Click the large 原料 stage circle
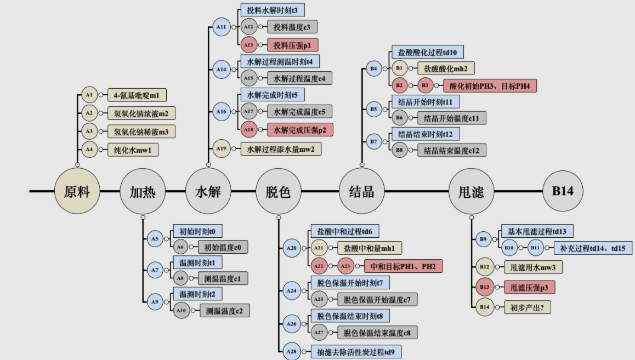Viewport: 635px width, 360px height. (x=77, y=191)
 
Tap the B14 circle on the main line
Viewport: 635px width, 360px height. (x=563, y=191)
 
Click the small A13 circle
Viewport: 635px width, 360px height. (x=249, y=45)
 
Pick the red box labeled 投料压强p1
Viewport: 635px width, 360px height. (x=292, y=45)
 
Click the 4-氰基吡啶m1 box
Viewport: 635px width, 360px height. (x=137, y=95)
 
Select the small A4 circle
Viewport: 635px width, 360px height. (x=89, y=148)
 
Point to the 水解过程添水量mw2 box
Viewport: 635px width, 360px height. (x=281, y=148)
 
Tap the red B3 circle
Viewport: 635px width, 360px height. (x=426, y=85)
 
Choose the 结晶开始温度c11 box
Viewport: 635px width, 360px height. (x=451, y=118)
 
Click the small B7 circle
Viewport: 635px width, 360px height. (x=373, y=141)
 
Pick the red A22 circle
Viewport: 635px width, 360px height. (x=319, y=266)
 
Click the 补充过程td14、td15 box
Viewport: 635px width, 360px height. (x=592, y=248)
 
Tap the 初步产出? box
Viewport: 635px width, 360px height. (x=527, y=307)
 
